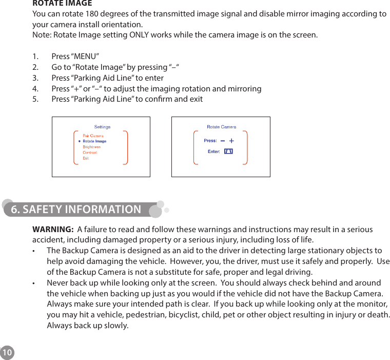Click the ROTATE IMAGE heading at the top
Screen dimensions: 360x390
pos(62,3)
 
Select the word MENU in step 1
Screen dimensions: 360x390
pos(85,56)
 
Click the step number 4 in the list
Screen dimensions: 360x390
pos(35,89)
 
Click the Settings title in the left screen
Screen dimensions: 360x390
pos(102,127)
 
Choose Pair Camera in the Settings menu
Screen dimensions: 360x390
pos(93,136)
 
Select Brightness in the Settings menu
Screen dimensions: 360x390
pos(91,147)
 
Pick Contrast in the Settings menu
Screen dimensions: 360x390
pos(90,153)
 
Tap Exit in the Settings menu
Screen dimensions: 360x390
pos(86,158)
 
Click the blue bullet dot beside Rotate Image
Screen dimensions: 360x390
pos(79,141)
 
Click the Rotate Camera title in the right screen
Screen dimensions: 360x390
pos(221,127)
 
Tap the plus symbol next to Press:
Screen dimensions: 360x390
pos(231,141)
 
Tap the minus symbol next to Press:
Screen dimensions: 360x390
pos(222,141)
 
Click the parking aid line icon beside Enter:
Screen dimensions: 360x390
pos(228,151)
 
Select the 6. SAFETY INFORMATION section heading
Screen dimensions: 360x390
pos(76,210)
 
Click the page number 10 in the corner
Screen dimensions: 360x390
pos(7,353)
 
